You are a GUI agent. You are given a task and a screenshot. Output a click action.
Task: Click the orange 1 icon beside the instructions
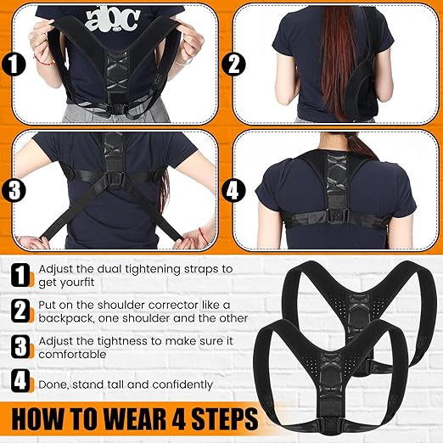tap(20, 274)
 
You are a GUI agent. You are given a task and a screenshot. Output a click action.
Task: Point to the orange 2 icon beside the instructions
tap(20, 311)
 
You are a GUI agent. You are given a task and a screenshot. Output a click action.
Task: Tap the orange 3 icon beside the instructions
tap(20, 347)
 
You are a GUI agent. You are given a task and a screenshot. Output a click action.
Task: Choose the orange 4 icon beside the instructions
tap(20, 384)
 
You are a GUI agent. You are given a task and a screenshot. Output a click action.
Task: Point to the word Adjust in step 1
tap(55, 268)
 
